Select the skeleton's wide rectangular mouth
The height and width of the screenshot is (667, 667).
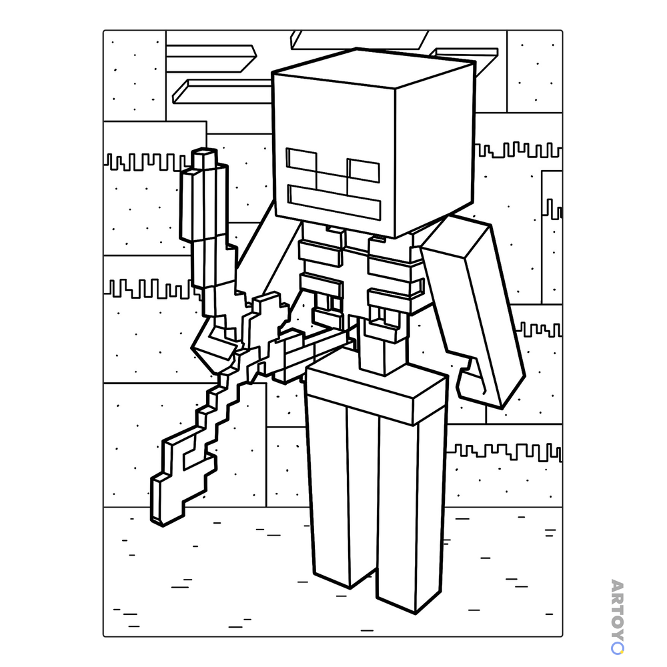click(334, 203)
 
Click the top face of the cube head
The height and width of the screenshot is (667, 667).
click(374, 67)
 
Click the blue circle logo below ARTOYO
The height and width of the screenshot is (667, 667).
click(617, 648)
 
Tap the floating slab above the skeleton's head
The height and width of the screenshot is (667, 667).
click(360, 39)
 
